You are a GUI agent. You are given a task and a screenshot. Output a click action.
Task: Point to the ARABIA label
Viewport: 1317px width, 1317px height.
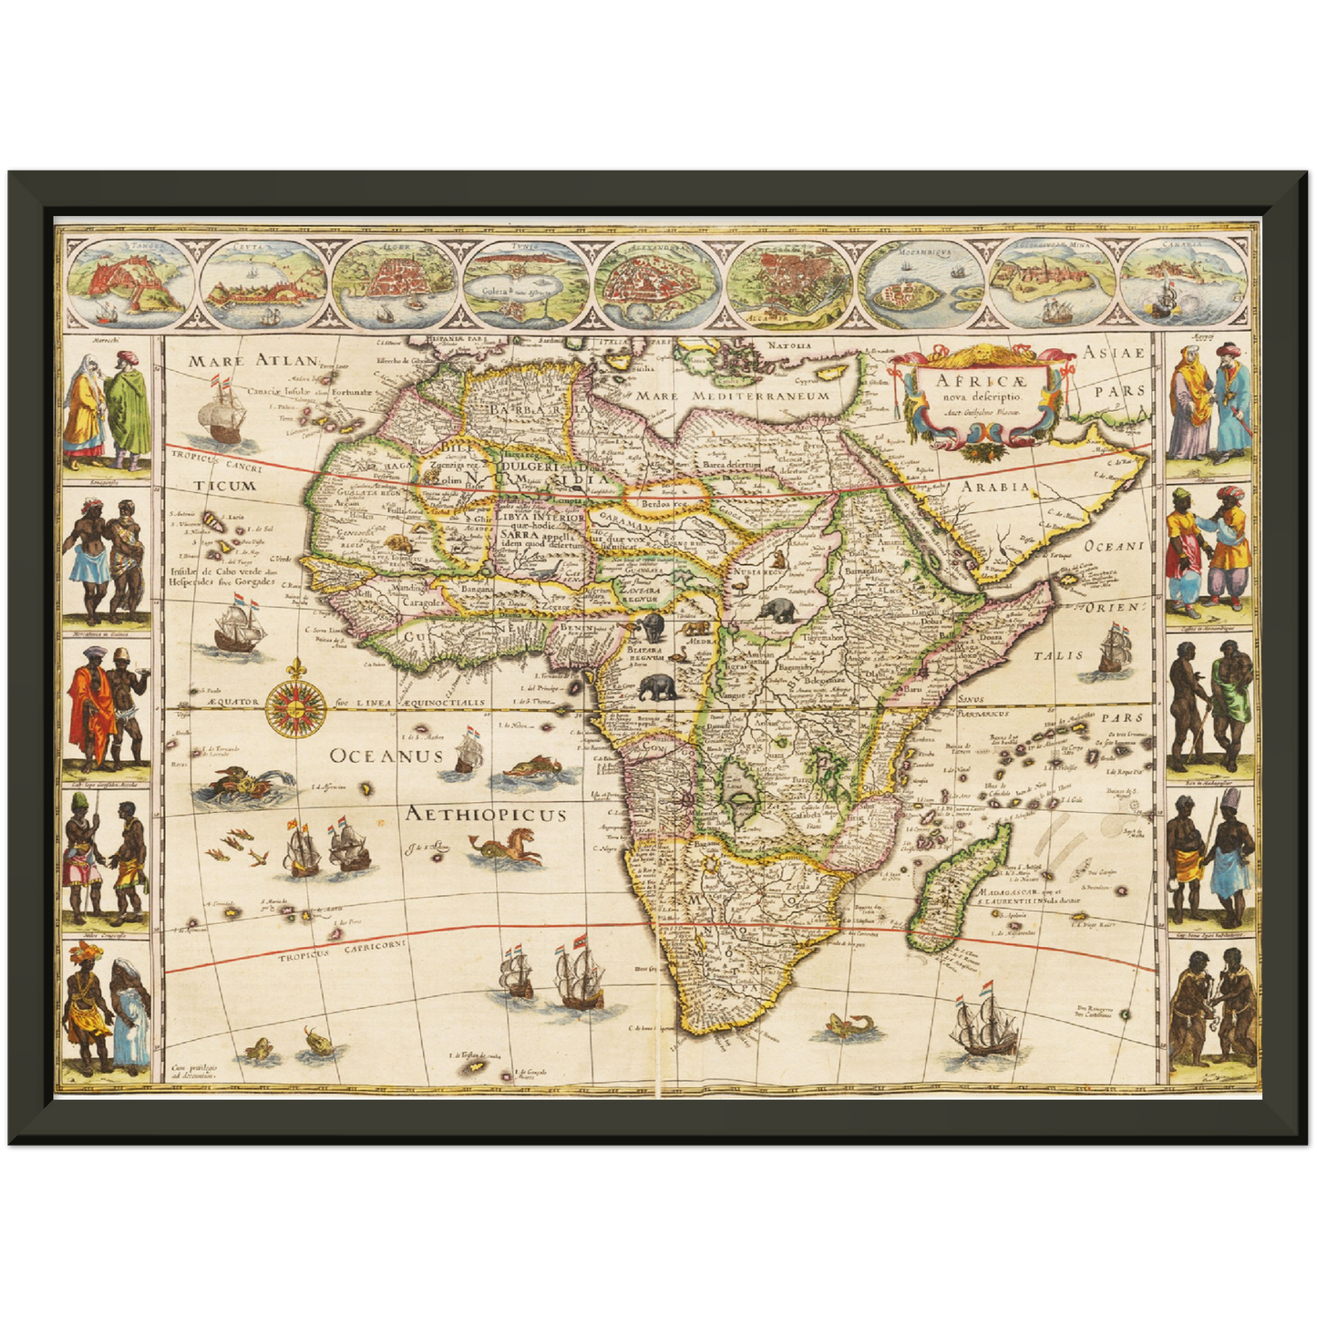tap(995, 486)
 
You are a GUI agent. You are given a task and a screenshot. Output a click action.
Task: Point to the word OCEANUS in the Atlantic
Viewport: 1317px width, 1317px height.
tap(386, 756)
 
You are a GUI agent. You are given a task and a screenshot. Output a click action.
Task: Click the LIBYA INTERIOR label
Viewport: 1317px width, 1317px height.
tap(539, 518)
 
